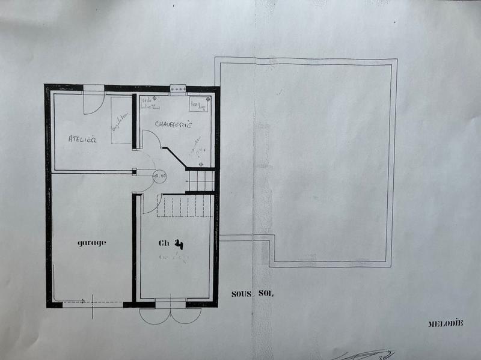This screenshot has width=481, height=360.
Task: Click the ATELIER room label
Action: click(x=82, y=139)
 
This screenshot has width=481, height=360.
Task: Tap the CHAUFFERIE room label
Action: click(x=173, y=125)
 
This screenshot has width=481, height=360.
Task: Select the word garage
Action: click(x=91, y=243)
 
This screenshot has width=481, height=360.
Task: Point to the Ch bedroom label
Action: click(x=164, y=243)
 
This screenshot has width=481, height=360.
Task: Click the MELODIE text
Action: click(x=446, y=323)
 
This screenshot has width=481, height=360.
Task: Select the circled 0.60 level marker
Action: click(x=160, y=175)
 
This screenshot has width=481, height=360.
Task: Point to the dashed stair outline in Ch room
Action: click(x=185, y=205)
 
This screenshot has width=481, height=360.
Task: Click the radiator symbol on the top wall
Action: click(x=178, y=89)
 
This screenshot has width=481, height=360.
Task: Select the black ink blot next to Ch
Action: click(x=179, y=244)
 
